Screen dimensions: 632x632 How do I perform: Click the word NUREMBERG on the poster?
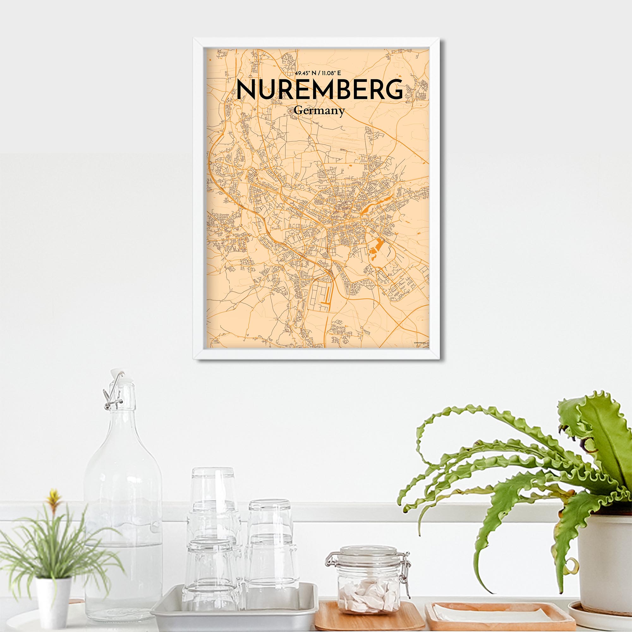(x=319, y=89)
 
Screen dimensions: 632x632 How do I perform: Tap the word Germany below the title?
(x=319, y=111)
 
